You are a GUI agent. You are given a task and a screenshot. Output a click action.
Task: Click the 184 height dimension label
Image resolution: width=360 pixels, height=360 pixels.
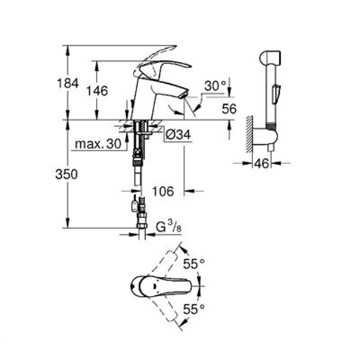68,83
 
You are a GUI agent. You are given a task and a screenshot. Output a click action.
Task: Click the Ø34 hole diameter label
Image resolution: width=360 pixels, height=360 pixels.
177,135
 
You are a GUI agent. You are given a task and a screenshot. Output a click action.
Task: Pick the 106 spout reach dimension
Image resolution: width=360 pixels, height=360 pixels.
163,191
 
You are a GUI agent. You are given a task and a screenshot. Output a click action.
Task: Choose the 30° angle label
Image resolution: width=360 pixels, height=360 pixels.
215,85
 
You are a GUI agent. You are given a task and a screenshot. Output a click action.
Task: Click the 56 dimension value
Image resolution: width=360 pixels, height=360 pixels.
229,108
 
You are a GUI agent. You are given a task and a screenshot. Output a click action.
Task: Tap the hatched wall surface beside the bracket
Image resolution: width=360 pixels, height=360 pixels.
249,135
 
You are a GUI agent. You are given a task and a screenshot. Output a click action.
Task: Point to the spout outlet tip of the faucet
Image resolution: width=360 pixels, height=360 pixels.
182,95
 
